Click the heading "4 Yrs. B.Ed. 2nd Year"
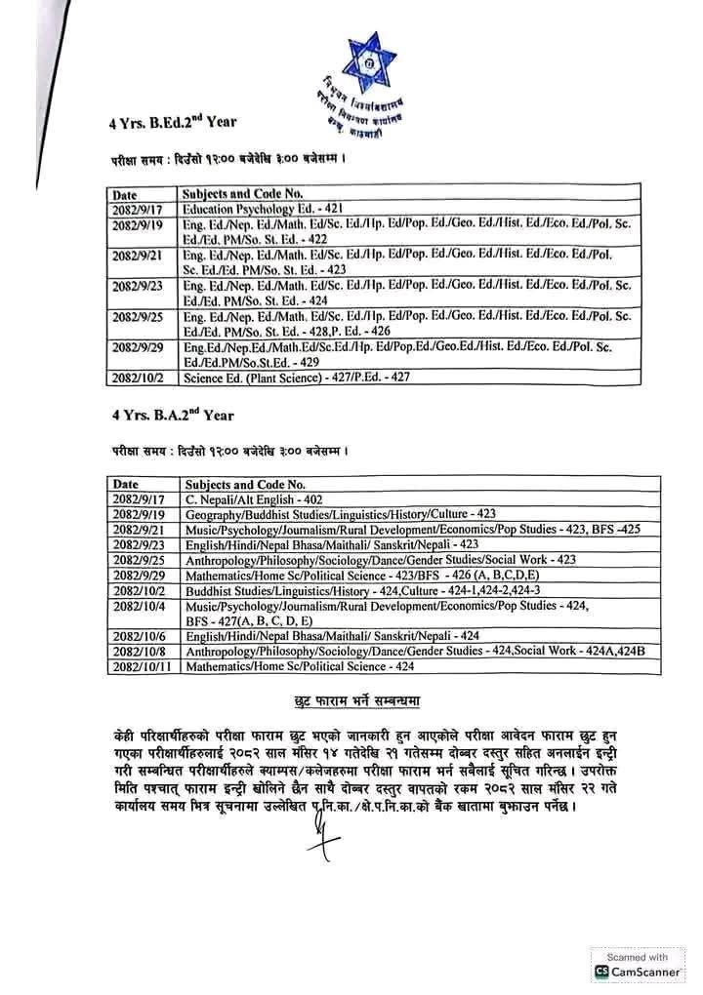pyautogui.click(x=172, y=123)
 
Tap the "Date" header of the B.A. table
pyautogui.click(x=126, y=484)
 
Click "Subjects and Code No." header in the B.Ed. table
pyautogui.click(x=244, y=194)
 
